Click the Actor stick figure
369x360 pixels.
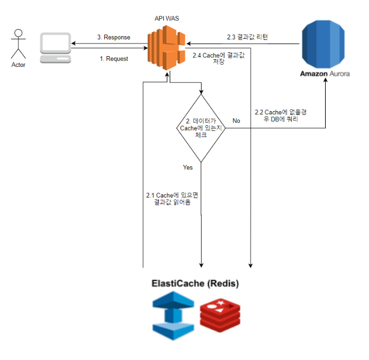click(18, 44)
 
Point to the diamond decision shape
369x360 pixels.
click(201, 128)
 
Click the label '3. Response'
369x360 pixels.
click(114, 37)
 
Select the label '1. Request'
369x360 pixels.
click(114, 58)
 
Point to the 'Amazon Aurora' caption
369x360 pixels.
click(325, 73)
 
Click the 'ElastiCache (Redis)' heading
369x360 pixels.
click(194, 283)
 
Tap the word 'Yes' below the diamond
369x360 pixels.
click(187, 167)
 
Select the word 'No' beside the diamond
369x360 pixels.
click(236, 121)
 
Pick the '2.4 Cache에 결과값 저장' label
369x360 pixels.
click(218, 58)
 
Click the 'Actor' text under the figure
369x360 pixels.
click(18, 65)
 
